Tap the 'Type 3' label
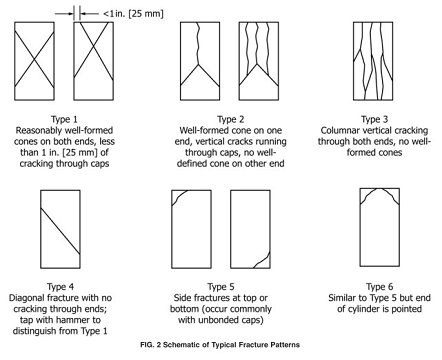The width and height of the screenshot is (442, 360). click(x=374, y=118)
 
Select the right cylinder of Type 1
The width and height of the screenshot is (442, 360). click(x=99, y=62)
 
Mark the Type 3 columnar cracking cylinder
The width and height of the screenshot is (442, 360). click(x=375, y=62)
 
